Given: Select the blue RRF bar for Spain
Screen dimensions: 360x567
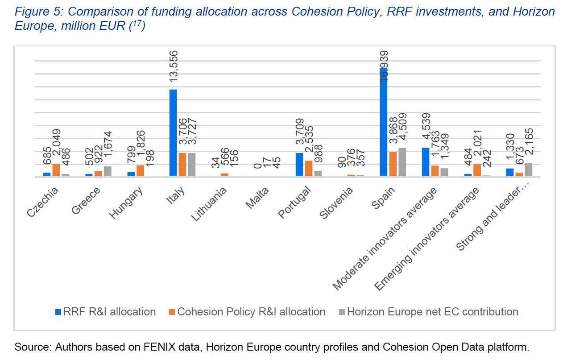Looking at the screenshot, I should (383, 122).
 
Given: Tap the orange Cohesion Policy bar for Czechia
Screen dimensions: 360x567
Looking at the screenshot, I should (56, 170).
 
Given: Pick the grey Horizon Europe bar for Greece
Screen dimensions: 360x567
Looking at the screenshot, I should (108, 171).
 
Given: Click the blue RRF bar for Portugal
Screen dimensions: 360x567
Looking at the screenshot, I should (299, 165).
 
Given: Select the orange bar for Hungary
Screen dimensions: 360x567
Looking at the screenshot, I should (140, 171).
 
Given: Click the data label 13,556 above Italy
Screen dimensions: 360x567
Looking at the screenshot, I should (174, 66).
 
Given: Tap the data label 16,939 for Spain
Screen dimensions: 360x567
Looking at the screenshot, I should (384, 66).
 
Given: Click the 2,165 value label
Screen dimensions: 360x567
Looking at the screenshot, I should (529, 145).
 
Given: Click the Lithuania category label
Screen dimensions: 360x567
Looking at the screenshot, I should (208, 204).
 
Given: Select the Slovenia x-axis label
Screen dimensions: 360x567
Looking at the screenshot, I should (336, 203).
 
